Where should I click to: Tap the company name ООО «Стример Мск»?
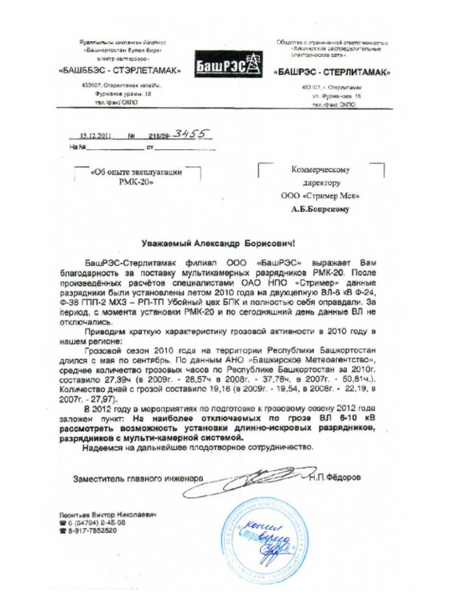point(320,196)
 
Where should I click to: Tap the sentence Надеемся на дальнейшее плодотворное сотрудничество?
point(198,448)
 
